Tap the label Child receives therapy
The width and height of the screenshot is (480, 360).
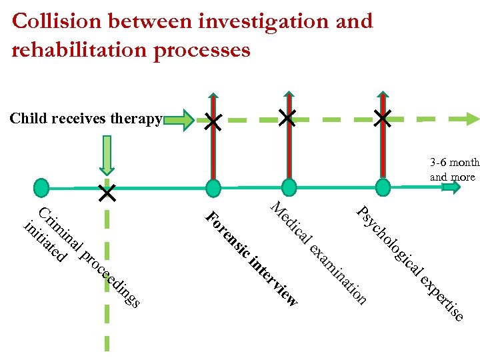point(85,119)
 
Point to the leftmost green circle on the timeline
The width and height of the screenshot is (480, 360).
point(41,188)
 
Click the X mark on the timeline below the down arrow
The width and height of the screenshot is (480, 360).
point(107,193)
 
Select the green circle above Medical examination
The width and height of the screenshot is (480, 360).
point(288,188)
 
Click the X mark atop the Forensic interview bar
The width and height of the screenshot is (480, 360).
point(213,121)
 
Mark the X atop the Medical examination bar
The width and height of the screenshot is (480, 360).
point(288,119)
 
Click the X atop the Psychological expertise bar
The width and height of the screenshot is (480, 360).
point(383,119)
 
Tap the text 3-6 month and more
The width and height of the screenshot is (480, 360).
point(454,169)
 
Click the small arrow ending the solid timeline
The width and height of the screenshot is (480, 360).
point(452,187)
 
